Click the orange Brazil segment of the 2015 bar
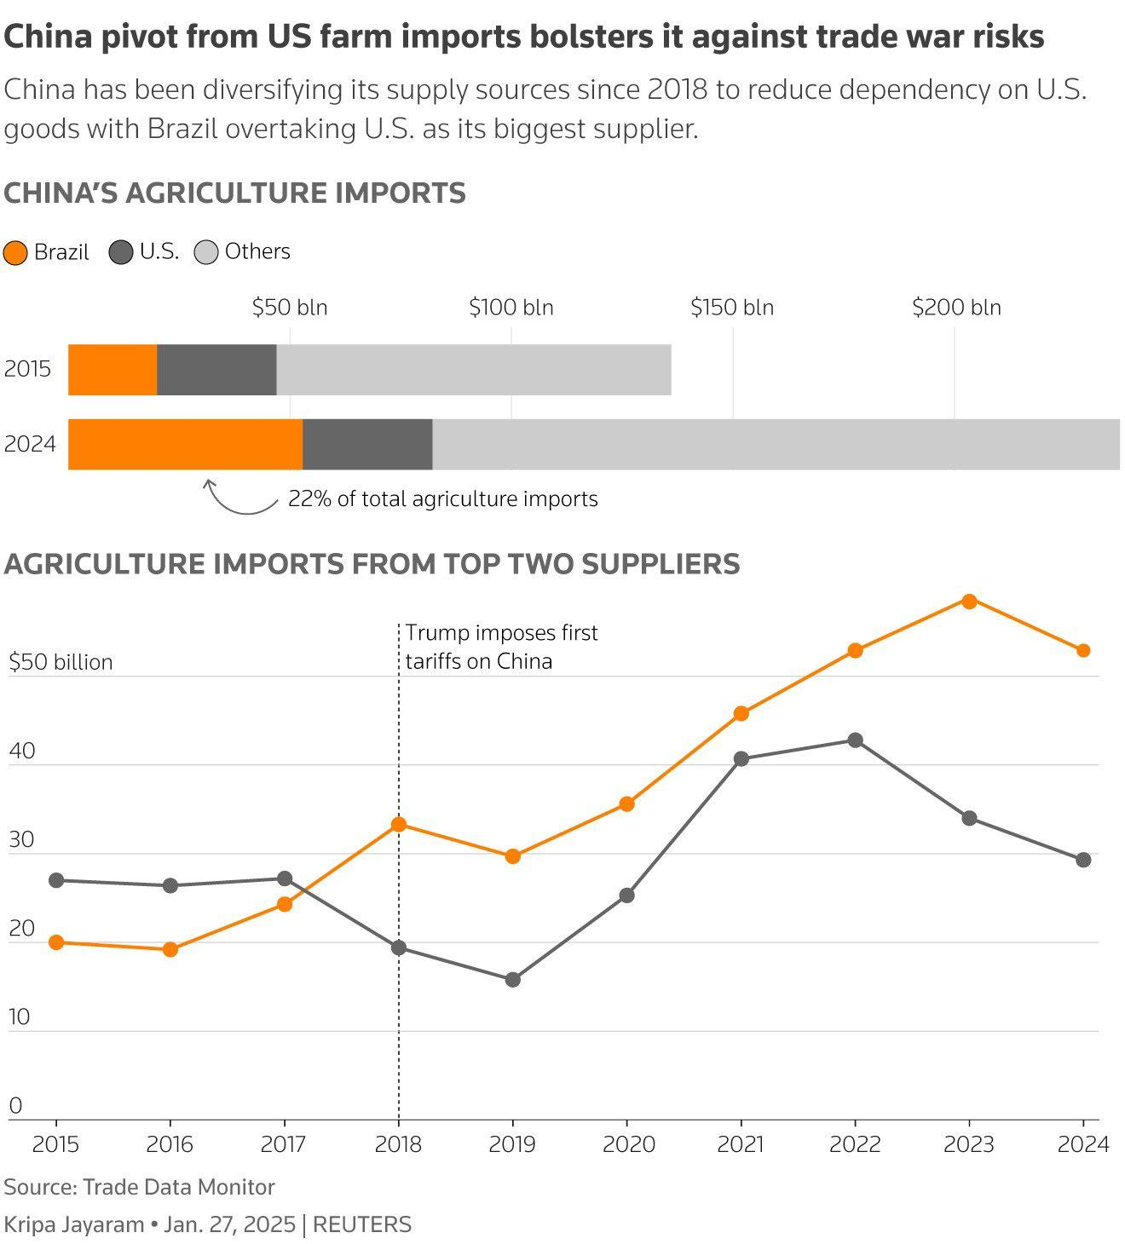[112, 370]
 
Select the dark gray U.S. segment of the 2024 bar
[367, 444]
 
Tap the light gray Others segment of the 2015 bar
[473, 370]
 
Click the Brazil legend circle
[15, 253]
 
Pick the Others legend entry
[243, 252]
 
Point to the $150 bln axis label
[732, 308]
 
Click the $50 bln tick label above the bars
[290, 308]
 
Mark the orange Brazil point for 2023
[969, 601]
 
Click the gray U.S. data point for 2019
[513, 980]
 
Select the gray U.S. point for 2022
[855, 740]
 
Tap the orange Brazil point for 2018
[399, 824]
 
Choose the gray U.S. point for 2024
[1083, 860]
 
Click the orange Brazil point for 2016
[170, 949]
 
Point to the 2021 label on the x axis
[741, 1144]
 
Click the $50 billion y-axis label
[61, 663]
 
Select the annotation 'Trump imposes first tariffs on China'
[501, 647]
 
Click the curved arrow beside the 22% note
[239, 500]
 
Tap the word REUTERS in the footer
[362, 1225]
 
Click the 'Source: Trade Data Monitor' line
[140, 1187]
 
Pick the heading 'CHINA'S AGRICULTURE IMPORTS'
[235, 193]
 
